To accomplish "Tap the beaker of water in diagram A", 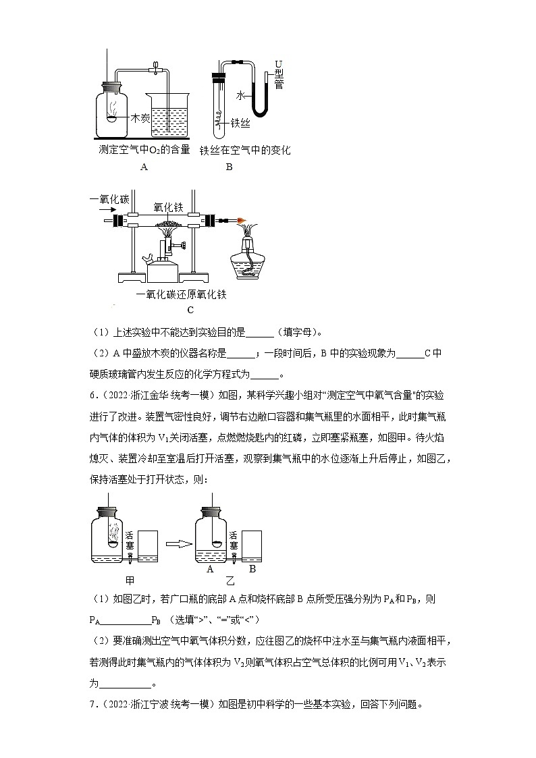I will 169,118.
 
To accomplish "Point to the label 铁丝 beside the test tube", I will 241,124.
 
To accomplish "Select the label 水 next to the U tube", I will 240,97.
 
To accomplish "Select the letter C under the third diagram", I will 190,310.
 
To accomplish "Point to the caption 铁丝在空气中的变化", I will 244,150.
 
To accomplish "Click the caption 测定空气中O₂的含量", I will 144,150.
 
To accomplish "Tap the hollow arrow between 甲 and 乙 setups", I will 176,544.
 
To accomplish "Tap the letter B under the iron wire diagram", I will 229,167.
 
